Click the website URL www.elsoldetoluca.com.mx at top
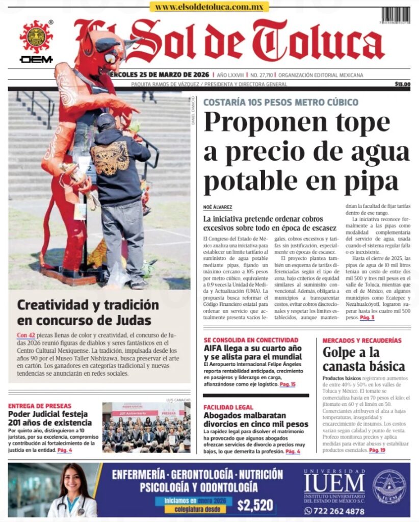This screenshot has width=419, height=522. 209,7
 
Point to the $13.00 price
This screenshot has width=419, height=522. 402,84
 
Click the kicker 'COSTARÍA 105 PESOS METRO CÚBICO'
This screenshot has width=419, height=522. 280,102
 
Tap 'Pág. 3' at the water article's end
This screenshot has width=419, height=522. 367,318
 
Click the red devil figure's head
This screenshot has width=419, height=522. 104,48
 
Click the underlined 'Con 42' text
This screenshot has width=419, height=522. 25,335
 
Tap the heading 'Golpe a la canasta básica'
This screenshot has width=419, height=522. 363,359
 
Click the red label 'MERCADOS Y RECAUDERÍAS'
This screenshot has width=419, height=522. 361,340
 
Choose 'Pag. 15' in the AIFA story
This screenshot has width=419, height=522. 288,384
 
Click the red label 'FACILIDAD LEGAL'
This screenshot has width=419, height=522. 228,407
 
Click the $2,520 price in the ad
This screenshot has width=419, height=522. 255,505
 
